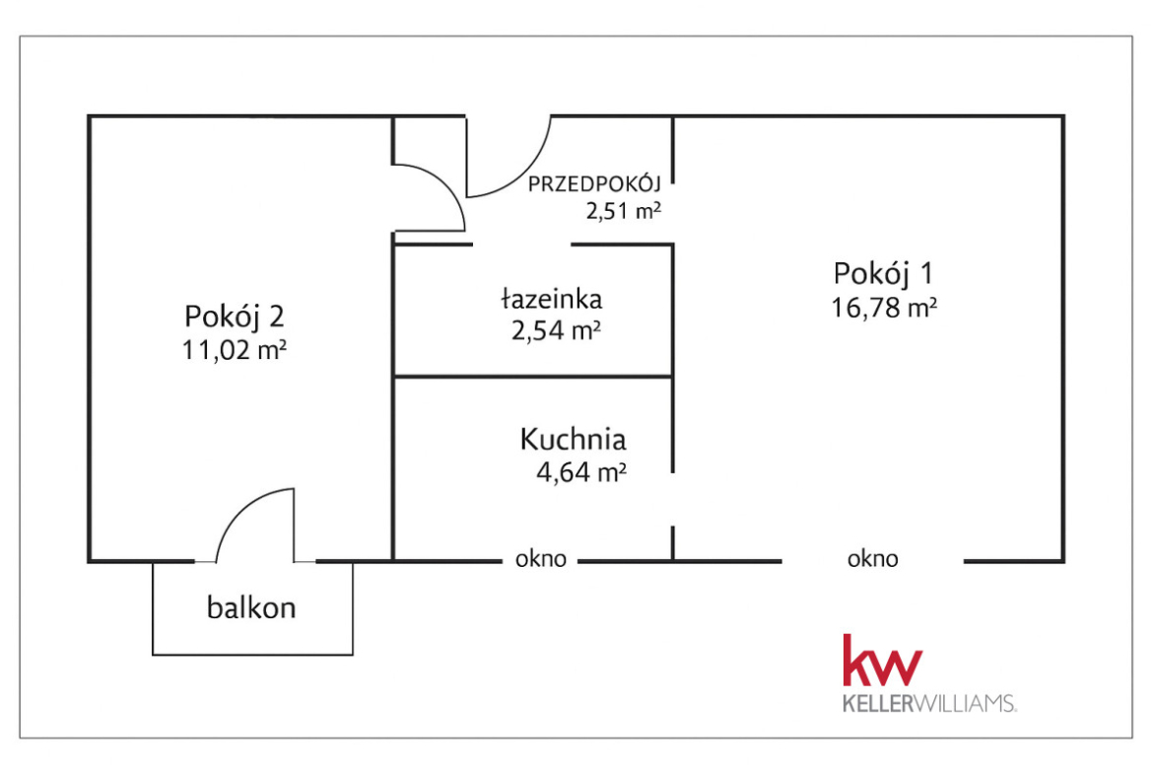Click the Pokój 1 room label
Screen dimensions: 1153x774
click(x=883, y=274)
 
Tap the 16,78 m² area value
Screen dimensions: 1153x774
click(x=884, y=308)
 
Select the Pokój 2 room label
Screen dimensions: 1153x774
click(x=234, y=317)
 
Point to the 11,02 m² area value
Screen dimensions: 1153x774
click(x=234, y=350)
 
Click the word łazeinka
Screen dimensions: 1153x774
click(x=552, y=299)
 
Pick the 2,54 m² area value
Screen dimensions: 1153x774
click(x=557, y=331)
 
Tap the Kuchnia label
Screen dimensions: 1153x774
click(x=573, y=439)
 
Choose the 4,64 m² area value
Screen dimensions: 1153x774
click(x=580, y=471)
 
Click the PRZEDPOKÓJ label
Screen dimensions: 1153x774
click(x=594, y=184)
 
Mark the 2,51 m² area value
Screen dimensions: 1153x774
click(x=623, y=211)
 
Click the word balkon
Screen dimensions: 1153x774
click(x=251, y=607)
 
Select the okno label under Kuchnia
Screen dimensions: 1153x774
click(x=540, y=559)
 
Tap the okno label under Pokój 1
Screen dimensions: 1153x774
click(x=873, y=559)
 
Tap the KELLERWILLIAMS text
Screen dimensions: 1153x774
click(x=929, y=703)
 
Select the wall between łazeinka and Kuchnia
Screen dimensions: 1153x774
click(x=534, y=377)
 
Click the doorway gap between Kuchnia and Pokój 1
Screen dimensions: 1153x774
click(x=673, y=500)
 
